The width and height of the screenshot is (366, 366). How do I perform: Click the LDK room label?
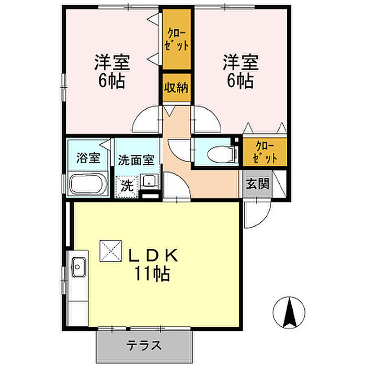coord(154,255)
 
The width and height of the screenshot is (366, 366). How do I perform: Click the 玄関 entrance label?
coord(258,184)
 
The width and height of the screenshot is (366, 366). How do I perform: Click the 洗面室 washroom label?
coord(135,159)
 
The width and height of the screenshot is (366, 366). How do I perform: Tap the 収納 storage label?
coord(176,87)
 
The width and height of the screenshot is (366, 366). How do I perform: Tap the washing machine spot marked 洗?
coord(128,185)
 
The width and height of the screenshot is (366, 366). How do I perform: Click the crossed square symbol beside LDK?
coord(110,251)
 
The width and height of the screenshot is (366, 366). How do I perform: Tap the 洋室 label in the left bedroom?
coord(111,63)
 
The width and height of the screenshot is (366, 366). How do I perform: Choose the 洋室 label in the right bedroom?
coord(241,63)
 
